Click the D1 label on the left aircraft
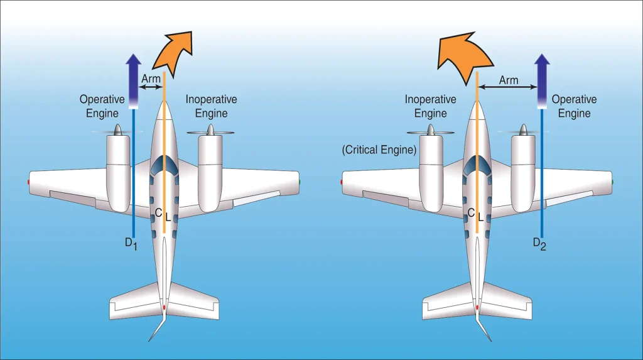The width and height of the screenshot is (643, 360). (131, 244)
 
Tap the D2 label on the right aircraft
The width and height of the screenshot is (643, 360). (539, 244)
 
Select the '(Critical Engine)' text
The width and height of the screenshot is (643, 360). (379, 150)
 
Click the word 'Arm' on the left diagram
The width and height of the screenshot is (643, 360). (151, 78)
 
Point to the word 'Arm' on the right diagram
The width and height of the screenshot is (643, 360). (509, 80)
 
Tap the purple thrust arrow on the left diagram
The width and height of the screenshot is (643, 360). (133, 81)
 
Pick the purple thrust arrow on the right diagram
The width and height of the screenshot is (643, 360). (542, 81)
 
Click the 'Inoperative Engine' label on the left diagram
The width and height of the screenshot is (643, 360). (211, 106)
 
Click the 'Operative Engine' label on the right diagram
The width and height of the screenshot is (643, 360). (574, 106)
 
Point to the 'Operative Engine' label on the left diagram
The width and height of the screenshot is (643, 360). (102, 106)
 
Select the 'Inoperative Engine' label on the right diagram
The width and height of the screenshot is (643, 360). (431, 106)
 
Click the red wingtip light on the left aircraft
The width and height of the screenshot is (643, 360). (28, 182)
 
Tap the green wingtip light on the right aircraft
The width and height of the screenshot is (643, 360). (612, 182)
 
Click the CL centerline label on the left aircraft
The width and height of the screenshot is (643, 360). (163, 215)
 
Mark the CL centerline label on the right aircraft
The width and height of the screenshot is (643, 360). (476, 215)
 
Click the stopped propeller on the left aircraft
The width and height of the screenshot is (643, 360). (210, 131)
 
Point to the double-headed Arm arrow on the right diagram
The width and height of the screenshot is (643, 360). (507, 87)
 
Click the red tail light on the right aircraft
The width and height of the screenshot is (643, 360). (477, 307)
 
